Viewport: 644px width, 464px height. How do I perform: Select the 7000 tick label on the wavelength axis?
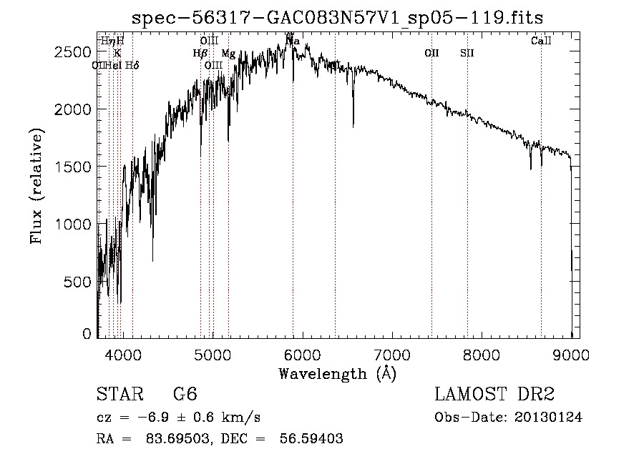[x=392, y=354]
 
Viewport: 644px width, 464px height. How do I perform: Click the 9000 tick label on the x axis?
[x=571, y=354]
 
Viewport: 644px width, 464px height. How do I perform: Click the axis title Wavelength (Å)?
[x=337, y=373]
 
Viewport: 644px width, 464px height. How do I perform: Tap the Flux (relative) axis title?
[x=37, y=186]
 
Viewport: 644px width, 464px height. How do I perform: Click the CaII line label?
[x=541, y=41]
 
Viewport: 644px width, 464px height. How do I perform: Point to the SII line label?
[x=467, y=53]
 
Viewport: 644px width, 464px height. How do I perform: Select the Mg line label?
[x=228, y=53]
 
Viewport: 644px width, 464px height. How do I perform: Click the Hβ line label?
[x=200, y=53]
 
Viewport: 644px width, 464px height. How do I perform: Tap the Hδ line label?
[x=132, y=65]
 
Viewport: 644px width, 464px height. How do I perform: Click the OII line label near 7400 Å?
[x=431, y=53]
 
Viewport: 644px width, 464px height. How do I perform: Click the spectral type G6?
[x=185, y=395]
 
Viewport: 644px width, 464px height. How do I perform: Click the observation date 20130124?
[x=550, y=418]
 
